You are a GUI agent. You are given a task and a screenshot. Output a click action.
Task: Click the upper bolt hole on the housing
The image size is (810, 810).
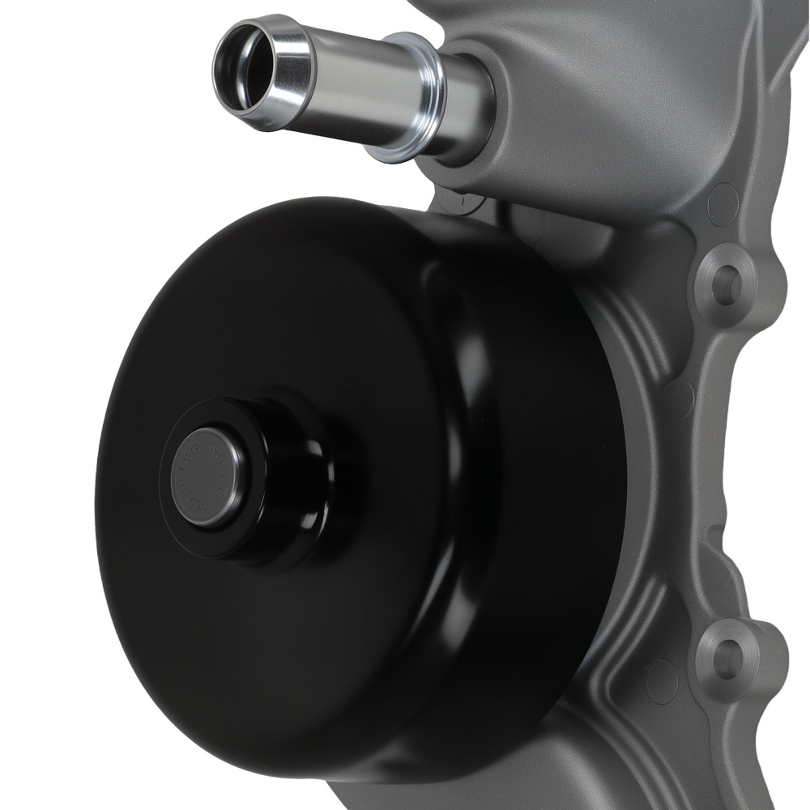(x=726, y=285)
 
